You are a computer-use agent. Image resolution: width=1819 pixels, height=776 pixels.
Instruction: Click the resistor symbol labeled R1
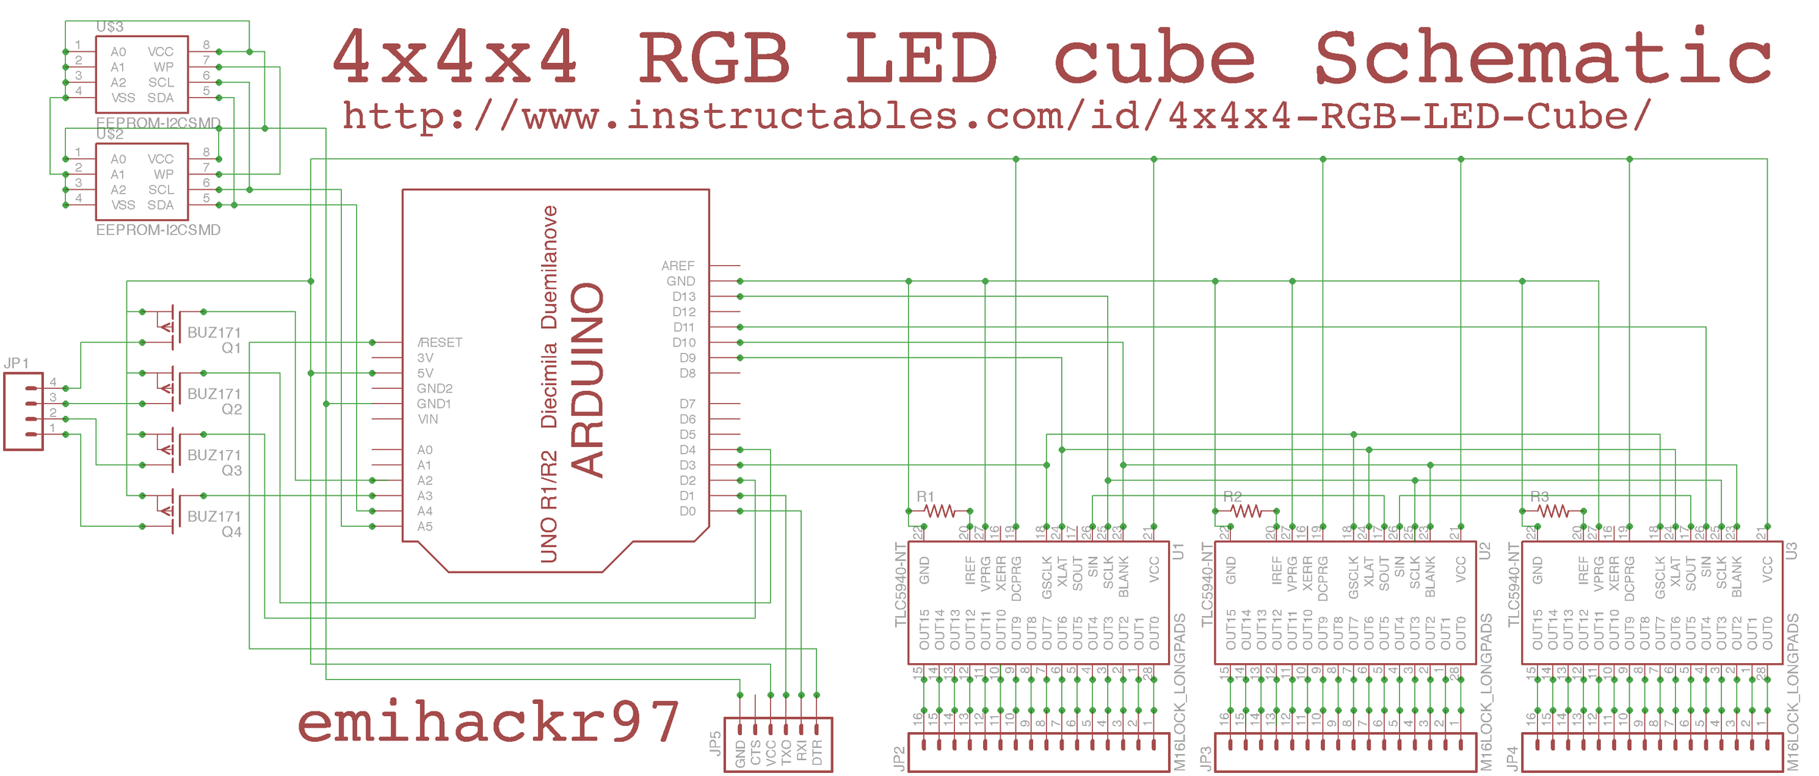tap(939, 512)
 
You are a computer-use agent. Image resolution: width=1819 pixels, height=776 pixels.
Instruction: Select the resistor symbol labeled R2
tap(1246, 512)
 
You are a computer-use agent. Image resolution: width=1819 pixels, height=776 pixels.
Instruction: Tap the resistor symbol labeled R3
tap(1553, 512)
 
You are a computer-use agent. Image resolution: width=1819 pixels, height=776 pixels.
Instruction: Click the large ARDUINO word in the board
tap(587, 379)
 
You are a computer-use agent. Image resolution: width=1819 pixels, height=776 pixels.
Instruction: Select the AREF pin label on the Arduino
tap(678, 266)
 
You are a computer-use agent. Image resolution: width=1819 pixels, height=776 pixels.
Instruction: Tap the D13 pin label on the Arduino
tap(684, 297)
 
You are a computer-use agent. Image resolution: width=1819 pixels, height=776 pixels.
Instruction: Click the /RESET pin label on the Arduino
tap(440, 343)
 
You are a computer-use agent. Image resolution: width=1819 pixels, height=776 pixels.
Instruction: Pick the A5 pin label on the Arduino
tap(424, 527)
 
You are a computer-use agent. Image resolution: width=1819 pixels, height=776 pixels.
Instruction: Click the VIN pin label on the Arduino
tap(427, 419)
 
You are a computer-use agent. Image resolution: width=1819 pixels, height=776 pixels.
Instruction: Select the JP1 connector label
tap(16, 363)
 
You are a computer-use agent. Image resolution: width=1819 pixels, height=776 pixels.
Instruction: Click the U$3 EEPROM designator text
tap(110, 27)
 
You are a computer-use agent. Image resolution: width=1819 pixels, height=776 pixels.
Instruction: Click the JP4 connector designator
tap(1512, 758)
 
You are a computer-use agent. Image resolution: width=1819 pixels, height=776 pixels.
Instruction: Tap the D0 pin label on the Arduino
tap(687, 512)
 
